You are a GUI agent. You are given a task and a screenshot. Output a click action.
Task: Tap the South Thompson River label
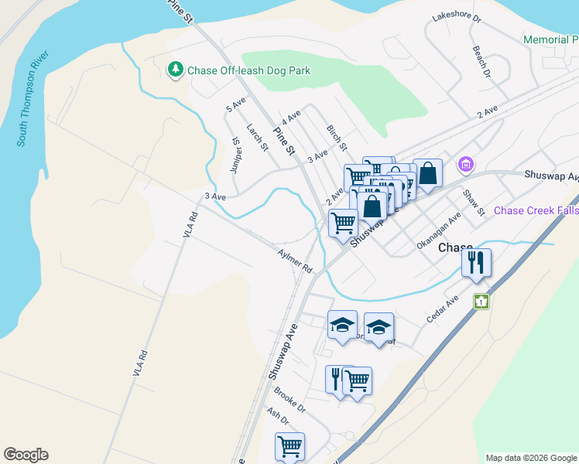tap(33, 99)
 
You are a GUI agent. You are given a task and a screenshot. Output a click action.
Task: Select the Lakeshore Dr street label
tap(457, 16)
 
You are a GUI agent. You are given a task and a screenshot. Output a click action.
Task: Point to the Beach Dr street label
tap(481, 61)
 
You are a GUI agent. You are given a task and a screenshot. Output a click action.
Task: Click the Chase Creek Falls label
tap(536, 210)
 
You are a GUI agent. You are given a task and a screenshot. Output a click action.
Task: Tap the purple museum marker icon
tap(465, 164)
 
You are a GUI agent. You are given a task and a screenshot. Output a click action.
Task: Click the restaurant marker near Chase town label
tap(477, 263)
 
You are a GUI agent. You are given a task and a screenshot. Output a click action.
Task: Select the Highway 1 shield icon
tap(481, 302)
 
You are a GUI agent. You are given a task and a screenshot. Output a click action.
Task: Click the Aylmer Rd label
tap(294, 260)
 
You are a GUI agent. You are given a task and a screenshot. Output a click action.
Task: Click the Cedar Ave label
tap(442, 309)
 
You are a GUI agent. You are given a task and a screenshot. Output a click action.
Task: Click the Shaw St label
tap(472, 202)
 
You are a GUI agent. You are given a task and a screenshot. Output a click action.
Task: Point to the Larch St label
tap(257, 137)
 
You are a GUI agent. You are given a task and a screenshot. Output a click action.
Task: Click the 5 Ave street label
tap(235, 104)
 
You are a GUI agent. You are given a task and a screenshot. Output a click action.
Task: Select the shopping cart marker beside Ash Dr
tap(289, 446)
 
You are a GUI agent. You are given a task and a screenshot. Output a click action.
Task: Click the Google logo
tap(26, 455)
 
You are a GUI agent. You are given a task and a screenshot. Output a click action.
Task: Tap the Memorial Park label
tap(550, 39)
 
